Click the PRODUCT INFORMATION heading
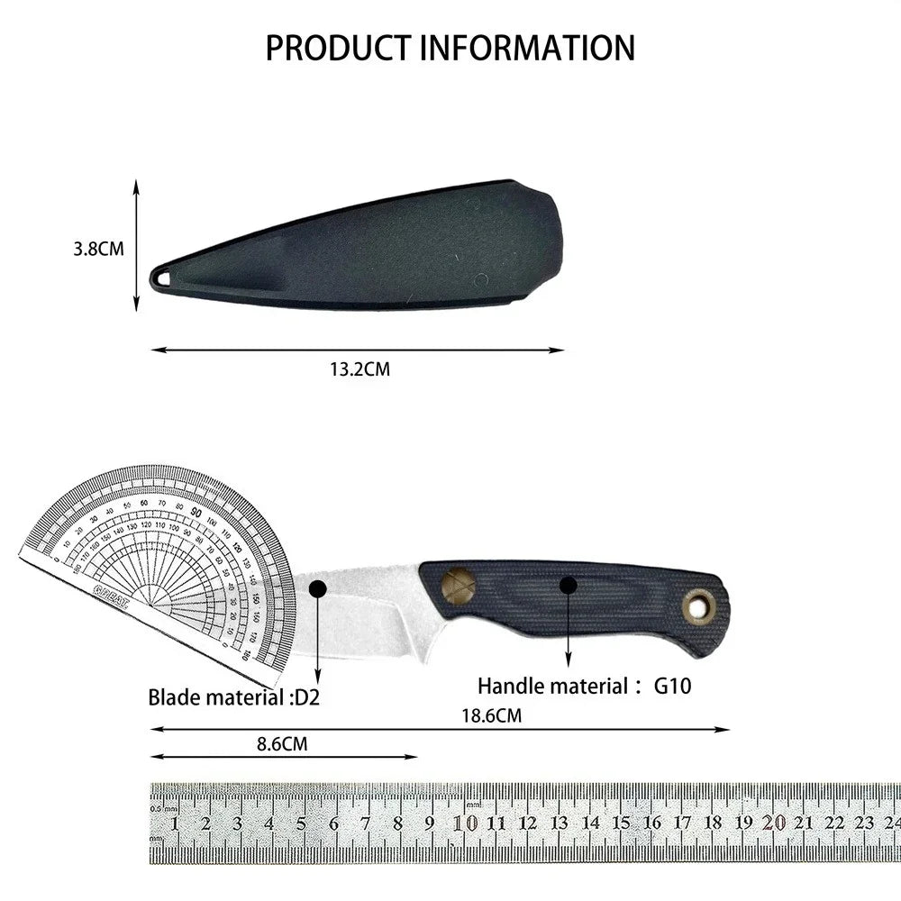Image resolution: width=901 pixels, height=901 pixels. tap(450, 47)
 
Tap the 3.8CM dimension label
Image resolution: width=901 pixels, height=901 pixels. tap(98, 249)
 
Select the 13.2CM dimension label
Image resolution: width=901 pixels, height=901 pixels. tap(359, 369)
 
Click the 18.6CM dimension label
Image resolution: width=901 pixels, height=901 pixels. tap(492, 715)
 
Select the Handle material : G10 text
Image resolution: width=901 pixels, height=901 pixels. tap(584, 686)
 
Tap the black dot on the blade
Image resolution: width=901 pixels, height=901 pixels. tap(317, 589)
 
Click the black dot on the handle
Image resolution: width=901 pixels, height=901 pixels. tap(568, 585)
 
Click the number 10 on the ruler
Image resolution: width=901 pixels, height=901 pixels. tap(465, 822)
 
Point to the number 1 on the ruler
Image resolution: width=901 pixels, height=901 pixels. tap(174, 823)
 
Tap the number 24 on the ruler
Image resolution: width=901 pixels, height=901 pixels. tap(891, 822)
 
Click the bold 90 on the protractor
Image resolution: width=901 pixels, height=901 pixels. tap(196, 510)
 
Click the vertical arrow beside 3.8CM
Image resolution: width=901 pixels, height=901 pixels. tap(136, 245)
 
